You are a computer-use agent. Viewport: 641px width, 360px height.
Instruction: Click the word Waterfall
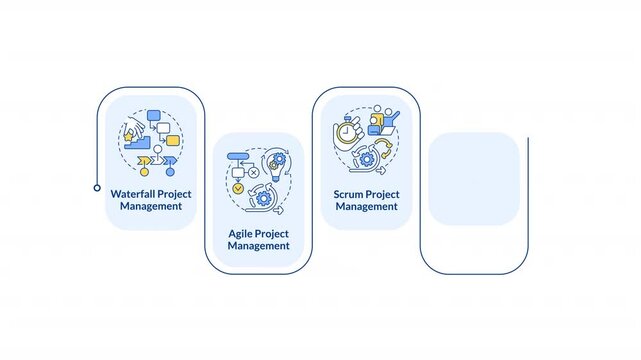[133, 193]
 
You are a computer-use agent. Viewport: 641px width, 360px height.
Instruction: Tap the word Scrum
[352, 193]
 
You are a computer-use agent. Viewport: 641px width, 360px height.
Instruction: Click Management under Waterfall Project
[150, 206]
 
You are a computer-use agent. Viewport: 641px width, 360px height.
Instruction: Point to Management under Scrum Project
[367, 206]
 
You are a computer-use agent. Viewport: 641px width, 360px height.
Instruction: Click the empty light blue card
[473, 178]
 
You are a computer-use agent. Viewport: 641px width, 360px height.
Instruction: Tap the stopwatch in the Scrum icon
[345, 130]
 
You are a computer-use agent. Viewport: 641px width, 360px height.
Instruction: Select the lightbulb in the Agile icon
[275, 161]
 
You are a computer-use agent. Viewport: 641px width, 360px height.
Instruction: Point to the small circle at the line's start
[97, 187]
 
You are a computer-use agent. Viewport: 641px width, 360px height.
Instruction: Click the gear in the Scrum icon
[368, 158]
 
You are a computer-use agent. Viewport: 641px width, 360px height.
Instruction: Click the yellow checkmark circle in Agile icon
[238, 187]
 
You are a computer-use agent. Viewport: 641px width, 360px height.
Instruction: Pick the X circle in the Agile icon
[253, 172]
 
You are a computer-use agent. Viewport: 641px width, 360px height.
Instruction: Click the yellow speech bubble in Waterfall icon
[171, 140]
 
